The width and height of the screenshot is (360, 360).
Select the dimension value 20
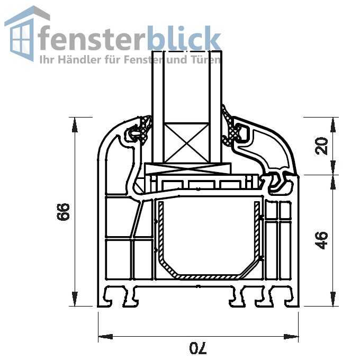click(322, 146)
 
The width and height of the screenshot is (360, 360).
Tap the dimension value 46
click(322, 239)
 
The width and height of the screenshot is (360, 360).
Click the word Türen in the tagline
click(206, 59)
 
